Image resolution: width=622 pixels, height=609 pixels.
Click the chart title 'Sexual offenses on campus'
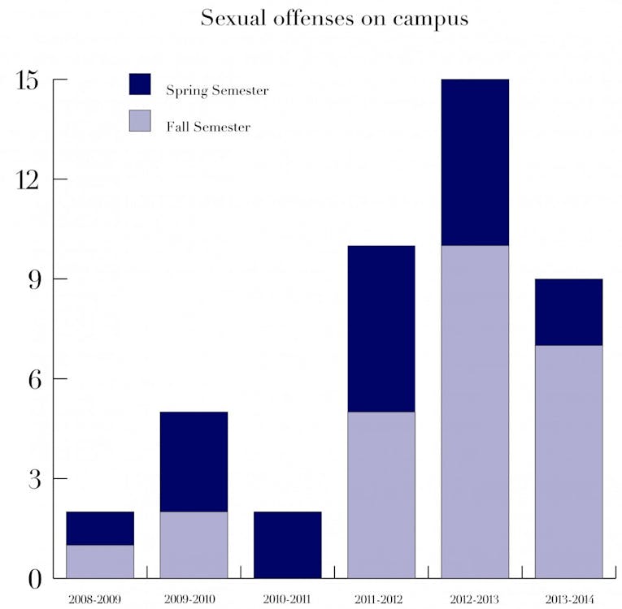pyautogui.click(x=334, y=19)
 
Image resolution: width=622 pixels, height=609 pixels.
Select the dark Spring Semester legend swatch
pyautogui.click(x=140, y=84)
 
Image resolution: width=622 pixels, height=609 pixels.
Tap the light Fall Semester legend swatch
pyautogui.click(x=140, y=121)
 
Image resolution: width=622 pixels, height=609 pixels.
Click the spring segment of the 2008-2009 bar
pyautogui.click(x=100, y=528)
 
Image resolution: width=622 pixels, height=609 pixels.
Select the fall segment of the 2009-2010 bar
pyautogui.click(x=194, y=545)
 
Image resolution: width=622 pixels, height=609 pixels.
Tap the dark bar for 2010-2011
pyautogui.click(x=287, y=545)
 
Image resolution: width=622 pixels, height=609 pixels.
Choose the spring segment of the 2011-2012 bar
pyautogui.click(x=381, y=329)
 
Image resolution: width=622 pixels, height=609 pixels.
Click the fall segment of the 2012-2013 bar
pyautogui.click(x=475, y=412)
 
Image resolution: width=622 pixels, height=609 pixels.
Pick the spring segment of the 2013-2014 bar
pyautogui.click(x=568, y=313)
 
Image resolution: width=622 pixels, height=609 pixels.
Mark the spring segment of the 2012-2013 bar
pyautogui.click(x=475, y=162)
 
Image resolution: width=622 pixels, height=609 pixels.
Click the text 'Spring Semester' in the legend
pyautogui.click(x=217, y=90)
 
